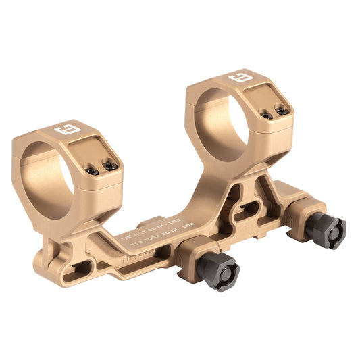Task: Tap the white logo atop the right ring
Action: [x=237, y=79]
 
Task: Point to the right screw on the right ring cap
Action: [x=282, y=111]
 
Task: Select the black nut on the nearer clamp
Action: [x=217, y=270]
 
